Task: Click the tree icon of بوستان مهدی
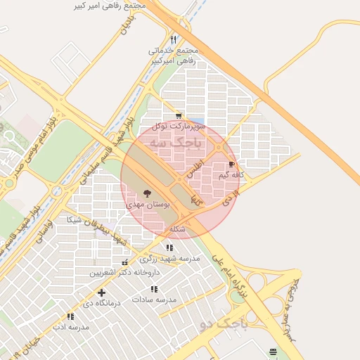tap(147, 193)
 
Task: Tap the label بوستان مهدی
tap(148, 204)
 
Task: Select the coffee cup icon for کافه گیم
tap(232, 165)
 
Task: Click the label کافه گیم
tap(231, 174)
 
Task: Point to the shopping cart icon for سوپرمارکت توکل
tap(179, 116)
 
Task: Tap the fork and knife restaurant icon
tap(174, 39)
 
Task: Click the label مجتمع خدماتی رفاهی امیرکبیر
tap(174, 56)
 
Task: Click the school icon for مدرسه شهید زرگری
tap(169, 247)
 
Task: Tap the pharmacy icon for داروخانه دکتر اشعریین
tap(125, 263)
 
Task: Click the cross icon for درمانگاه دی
tap(101, 292)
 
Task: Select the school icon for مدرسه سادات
tap(154, 289)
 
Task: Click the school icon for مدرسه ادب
tap(70, 317)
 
